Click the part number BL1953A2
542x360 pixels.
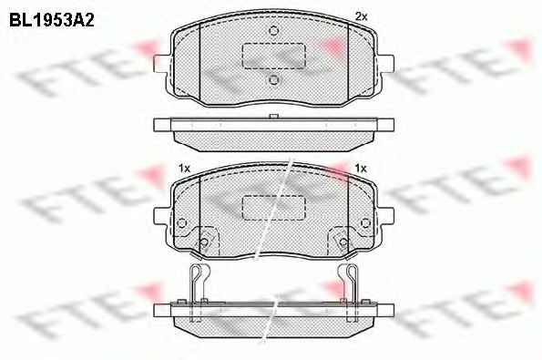click(52, 20)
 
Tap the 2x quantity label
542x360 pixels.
click(362, 16)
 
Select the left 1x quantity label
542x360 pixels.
click(185, 169)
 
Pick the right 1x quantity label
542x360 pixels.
click(361, 169)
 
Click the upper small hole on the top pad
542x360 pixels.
click(274, 31)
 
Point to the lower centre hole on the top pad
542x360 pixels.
click(274, 80)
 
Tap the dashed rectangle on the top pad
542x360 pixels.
click(274, 56)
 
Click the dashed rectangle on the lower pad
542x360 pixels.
click(274, 207)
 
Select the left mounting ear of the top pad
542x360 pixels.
click(162, 64)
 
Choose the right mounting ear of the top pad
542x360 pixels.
click(385, 64)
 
